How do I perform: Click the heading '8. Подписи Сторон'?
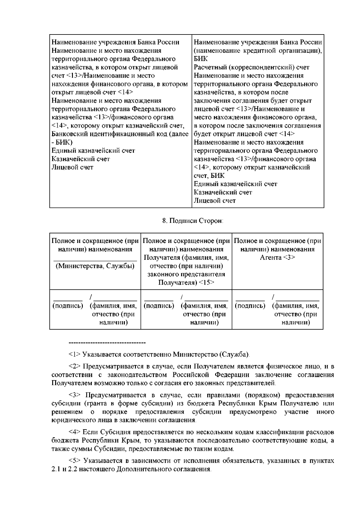[193, 221]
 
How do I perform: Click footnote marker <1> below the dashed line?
[75, 355]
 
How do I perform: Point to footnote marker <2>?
[75, 367]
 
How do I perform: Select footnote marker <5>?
[75, 461]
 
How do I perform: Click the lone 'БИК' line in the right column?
[201, 59]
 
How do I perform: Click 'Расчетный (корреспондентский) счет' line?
[251, 67]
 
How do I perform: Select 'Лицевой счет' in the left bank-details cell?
[72, 167]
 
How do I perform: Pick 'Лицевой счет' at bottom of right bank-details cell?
[214, 201]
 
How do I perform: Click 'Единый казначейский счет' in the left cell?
[93, 151]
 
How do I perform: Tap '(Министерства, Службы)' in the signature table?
[95, 266]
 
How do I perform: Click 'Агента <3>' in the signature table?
[277, 258]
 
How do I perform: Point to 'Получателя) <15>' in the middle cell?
[186, 283]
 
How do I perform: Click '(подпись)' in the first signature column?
[68, 306]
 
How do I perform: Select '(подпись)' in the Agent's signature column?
[250, 306]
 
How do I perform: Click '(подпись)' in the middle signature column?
[159, 306]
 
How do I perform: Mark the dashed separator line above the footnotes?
[107, 343]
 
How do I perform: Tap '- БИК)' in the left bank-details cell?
[62, 142]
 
